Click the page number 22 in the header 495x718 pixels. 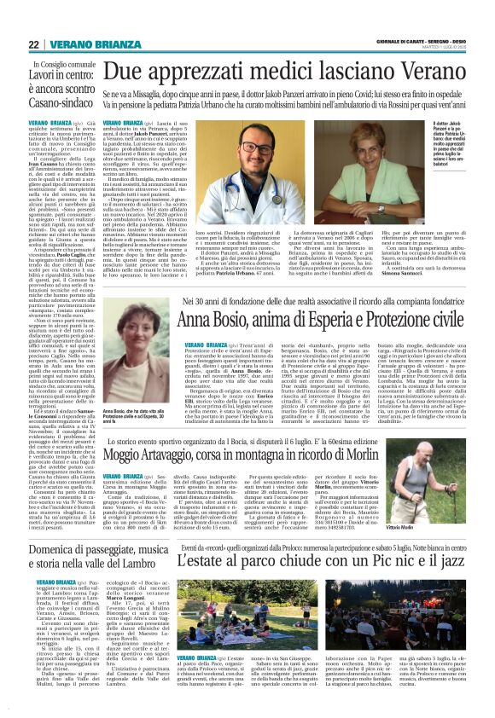pyautogui.click(x=34, y=44)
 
